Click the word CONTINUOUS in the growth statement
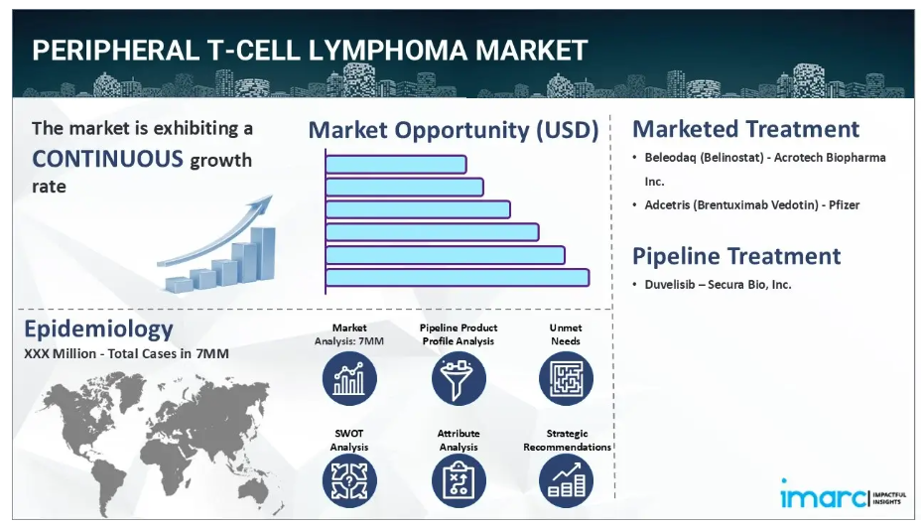tap(107, 159)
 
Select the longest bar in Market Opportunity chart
tap(458, 278)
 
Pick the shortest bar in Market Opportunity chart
tap(396, 165)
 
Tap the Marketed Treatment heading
tap(745, 129)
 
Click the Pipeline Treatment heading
tap(736, 256)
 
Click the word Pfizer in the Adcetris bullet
tap(844, 205)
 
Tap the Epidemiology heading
tap(99, 329)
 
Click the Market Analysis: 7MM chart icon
tap(349, 379)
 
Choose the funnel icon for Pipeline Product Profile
tap(459, 379)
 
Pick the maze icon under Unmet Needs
tap(567, 379)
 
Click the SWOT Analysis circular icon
tap(349, 481)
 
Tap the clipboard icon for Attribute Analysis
tap(459, 481)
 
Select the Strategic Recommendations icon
tap(567, 481)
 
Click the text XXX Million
tap(60, 353)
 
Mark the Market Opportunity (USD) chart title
tap(454, 130)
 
